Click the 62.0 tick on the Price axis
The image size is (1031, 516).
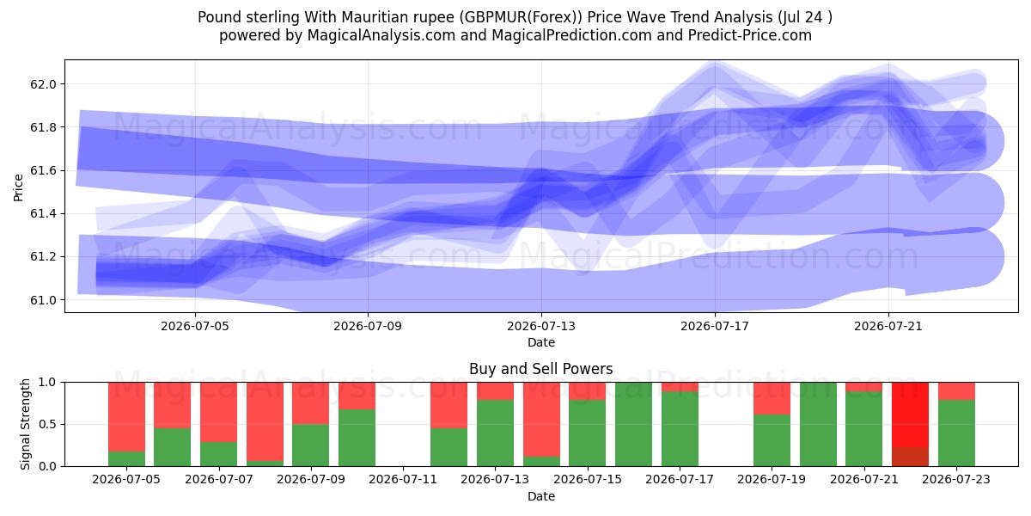point(43,84)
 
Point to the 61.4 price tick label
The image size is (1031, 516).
point(43,214)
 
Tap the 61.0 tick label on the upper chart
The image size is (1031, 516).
point(43,300)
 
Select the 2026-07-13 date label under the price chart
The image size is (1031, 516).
point(541,326)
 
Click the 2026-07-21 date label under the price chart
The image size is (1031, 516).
point(888,326)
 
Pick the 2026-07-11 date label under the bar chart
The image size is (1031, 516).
point(403,480)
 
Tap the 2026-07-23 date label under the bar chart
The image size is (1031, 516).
point(956,480)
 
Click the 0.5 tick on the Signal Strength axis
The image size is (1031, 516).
point(47,424)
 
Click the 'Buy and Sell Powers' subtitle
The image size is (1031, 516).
point(540,369)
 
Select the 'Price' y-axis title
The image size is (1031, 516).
point(18,188)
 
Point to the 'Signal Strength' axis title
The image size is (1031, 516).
point(25,424)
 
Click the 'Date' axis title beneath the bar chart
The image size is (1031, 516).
point(541,496)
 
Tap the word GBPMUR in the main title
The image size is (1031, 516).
point(493,17)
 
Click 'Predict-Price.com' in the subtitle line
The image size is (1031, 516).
point(750,35)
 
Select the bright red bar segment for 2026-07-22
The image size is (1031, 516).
point(910,415)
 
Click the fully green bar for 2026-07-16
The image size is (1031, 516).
point(633,424)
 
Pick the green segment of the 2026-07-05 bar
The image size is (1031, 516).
point(126,459)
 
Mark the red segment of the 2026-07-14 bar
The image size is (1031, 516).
point(541,420)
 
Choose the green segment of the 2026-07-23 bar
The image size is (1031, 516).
point(956,433)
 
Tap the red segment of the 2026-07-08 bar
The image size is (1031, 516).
point(265,421)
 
